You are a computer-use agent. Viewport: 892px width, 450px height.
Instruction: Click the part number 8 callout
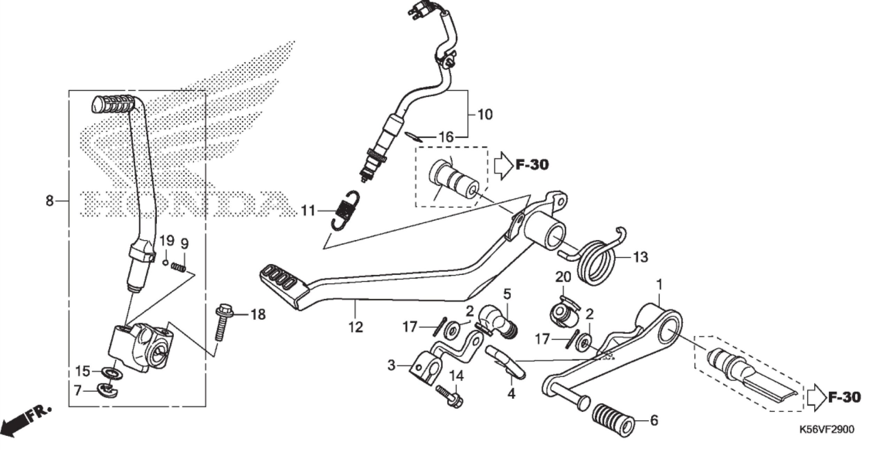49,201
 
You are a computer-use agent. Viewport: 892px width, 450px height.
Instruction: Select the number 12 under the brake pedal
355,327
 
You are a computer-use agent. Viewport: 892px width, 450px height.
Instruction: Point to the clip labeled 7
108,390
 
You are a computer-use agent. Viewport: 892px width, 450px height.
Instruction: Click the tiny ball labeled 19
166,262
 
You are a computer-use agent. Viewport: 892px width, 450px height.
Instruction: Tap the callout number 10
485,114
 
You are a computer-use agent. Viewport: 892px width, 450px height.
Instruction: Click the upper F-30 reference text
531,165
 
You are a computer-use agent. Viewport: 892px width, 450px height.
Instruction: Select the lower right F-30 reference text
844,398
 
